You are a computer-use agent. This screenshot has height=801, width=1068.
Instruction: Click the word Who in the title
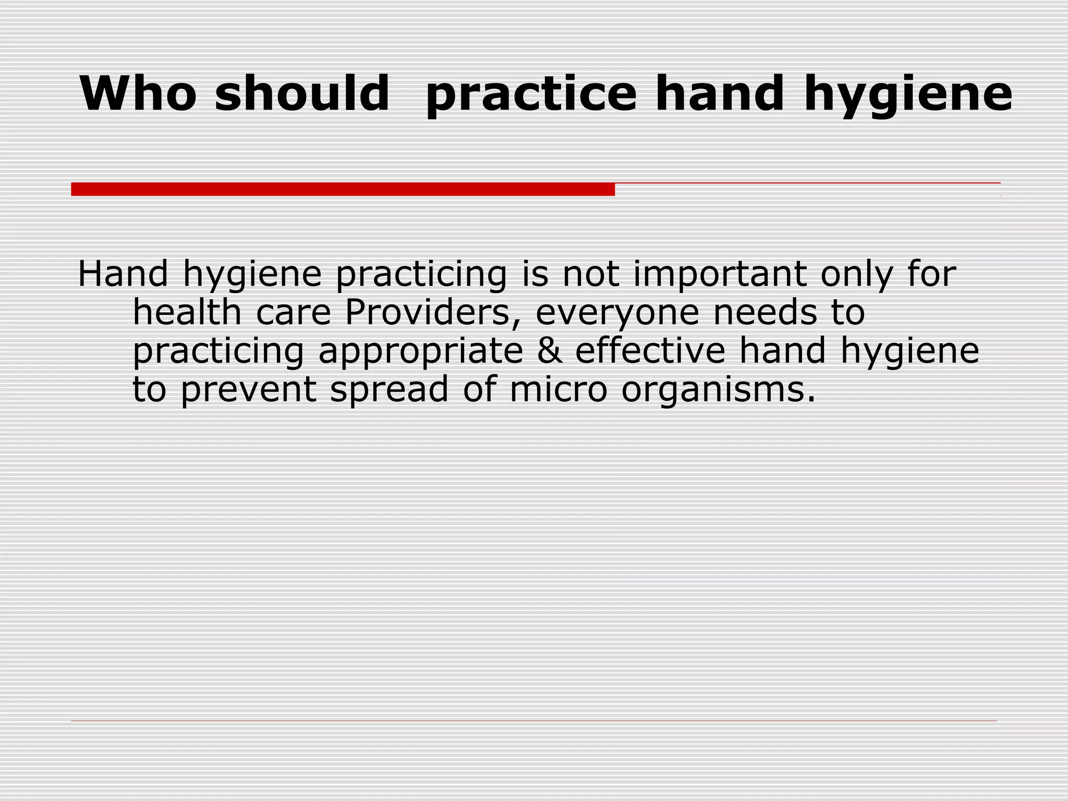[x=138, y=93]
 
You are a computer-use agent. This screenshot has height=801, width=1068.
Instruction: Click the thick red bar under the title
[x=343, y=189]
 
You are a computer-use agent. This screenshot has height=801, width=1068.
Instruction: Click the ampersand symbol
[x=550, y=350]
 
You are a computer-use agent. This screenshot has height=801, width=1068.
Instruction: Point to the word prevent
[x=248, y=390]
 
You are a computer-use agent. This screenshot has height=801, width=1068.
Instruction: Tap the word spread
[x=389, y=390]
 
